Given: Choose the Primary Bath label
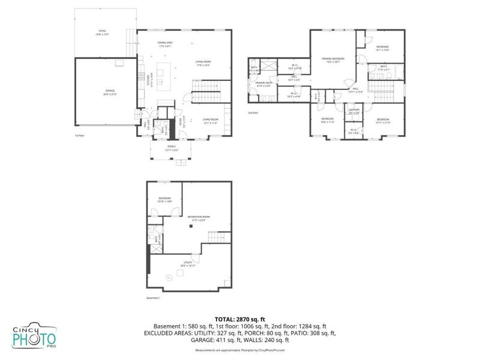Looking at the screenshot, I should click(x=263, y=84).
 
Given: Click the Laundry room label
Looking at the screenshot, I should click(x=353, y=110).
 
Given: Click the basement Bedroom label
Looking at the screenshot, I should click(x=165, y=200).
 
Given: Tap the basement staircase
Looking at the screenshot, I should click(x=219, y=238).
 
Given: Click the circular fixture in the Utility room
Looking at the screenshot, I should click(x=169, y=277).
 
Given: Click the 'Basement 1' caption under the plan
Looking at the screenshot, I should click(x=154, y=298).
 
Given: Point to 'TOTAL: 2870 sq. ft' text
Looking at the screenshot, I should click(x=240, y=319).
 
